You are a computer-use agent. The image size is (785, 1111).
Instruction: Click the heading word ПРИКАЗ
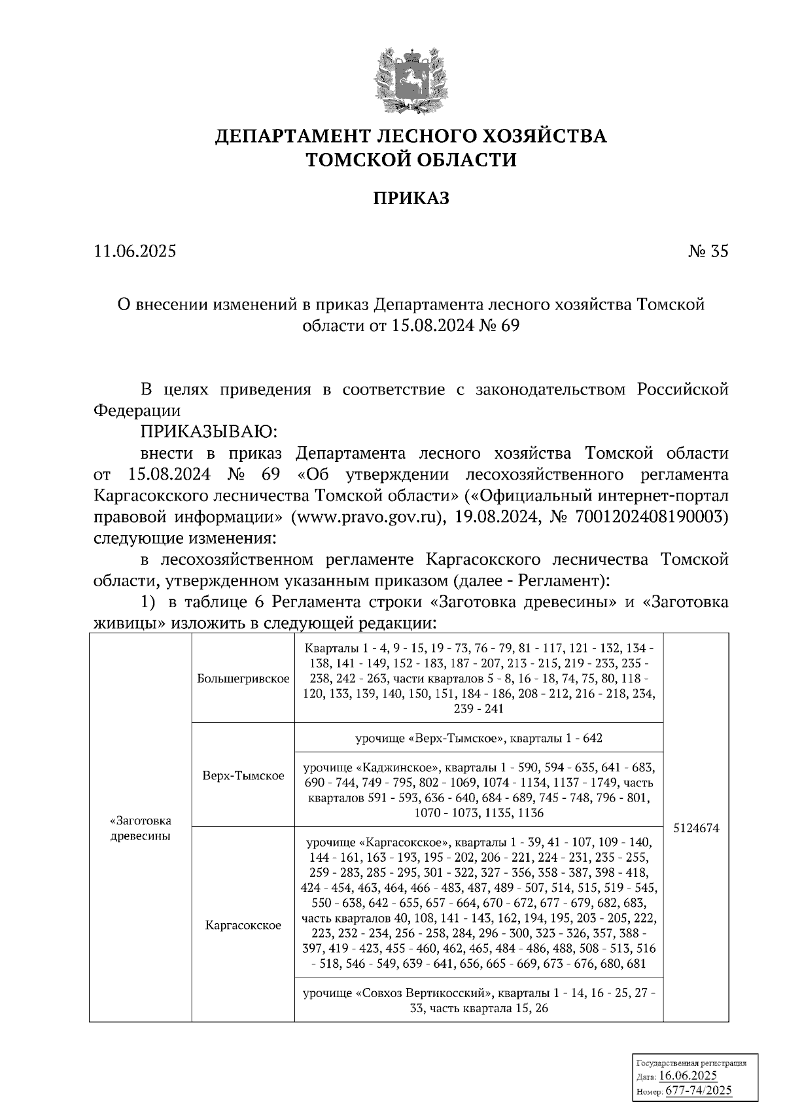pyautogui.click(x=411, y=198)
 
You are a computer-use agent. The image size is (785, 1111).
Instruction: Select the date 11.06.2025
pyautogui.click(x=135, y=251)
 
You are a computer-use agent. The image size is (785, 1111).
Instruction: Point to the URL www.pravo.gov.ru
pyautogui.click(x=364, y=518)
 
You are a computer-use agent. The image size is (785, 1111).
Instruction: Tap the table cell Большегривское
pyautogui.click(x=243, y=679)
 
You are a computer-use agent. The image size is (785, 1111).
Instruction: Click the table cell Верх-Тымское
pyautogui.click(x=243, y=775)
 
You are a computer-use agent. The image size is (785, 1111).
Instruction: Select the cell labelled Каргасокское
pyautogui.click(x=243, y=925)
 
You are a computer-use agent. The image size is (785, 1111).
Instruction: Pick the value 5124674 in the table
pyautogui.click(x=696, y=828)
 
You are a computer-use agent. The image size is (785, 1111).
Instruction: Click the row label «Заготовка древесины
pyautogui.click(x=140, y=828)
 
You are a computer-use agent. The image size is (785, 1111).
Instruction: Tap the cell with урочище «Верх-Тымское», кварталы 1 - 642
pyautogui.click(x=478, y=738)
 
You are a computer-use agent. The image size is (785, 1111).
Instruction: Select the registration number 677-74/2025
pyautogui.click(x=698, y=1090)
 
